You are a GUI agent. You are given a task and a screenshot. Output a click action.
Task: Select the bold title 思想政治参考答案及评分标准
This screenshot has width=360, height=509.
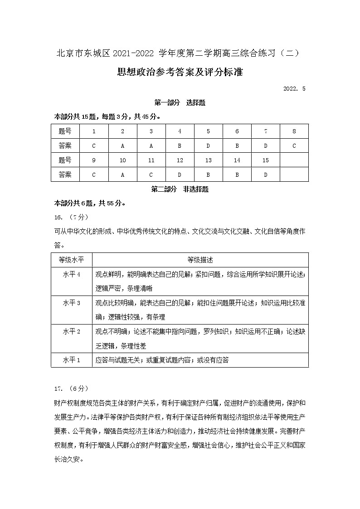(x=180, y=72)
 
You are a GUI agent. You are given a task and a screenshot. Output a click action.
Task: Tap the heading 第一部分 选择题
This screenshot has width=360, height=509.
(x=180, y=103)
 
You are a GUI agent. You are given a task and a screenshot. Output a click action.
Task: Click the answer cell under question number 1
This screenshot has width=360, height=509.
(x=94, y=146)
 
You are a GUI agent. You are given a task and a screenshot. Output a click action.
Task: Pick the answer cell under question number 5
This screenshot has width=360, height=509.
(x=208, y=146)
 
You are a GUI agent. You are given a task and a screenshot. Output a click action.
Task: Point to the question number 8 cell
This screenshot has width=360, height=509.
(x=294, y=131)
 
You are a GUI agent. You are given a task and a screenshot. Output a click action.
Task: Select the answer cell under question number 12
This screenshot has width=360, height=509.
(x=180, y=175)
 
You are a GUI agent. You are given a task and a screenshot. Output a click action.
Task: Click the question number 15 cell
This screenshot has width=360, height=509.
(x=266, y=160)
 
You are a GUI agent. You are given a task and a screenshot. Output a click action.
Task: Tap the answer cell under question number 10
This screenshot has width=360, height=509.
(x=122, y=175)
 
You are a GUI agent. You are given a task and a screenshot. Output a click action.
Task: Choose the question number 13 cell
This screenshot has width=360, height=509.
(x=208, y=160)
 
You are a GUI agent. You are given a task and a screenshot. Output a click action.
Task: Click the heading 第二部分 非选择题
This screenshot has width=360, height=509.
(x=180, y=189)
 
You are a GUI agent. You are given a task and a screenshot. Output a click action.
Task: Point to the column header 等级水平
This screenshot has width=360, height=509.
(x=71, y=260)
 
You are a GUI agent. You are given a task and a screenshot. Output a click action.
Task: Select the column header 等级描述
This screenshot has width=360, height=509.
(x=200, y=260)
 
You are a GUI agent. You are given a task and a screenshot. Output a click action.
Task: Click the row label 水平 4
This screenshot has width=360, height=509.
(x=71, y=275)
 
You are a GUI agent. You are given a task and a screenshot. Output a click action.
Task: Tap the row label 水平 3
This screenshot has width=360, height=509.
(x=71, y=303)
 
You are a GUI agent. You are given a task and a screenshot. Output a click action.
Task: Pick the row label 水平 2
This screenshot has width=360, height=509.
(x=71, y=331)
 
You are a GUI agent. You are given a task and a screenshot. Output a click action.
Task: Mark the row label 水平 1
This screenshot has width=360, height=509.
(x=71, y=360)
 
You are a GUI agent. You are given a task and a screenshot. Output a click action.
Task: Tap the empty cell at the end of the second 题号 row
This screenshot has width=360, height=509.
(x=294, y=160)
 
